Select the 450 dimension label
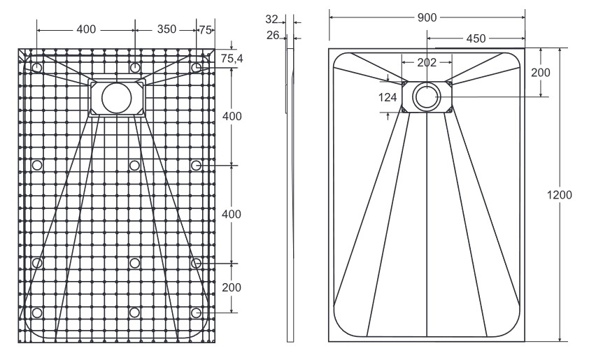(476, 38)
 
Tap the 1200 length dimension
(560, 194)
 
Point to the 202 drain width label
(427, 62)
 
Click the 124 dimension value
(388, 98)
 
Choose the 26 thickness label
(273, 34)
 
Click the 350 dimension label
(166, 29)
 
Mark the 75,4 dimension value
(232, 59)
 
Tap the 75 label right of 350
(205, 29)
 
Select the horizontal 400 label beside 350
(85, 29)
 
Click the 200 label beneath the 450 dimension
(540, 73)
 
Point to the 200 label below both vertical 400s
(232, 287)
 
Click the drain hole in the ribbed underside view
(115, 98)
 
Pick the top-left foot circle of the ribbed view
(37, 66)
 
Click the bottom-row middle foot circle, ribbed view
(134, 312)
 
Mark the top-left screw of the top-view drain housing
(404, 83)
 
